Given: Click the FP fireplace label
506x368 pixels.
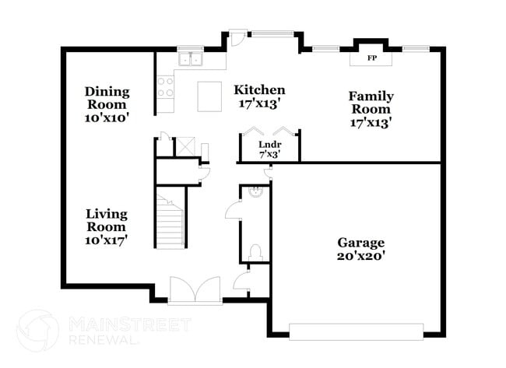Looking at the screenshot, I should click(372, 58).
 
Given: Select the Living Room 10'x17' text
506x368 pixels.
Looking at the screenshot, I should click(107, 226).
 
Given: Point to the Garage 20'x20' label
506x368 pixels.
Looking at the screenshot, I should click(360, 248).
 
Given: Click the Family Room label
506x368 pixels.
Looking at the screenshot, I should click(371, 109).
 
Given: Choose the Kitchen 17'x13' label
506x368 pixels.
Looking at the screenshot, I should click(259, 96).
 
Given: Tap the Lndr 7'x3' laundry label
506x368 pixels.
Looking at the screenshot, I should click(269, 149).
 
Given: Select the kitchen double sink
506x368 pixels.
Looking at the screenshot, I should click(189, 59).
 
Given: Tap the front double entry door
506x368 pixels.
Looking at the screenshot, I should click(188, 290).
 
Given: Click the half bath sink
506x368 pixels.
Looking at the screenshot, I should click(254, 191).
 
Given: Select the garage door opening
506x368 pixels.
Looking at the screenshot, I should click(357, 330).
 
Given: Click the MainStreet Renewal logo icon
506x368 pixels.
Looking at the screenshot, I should click(38, 330).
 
